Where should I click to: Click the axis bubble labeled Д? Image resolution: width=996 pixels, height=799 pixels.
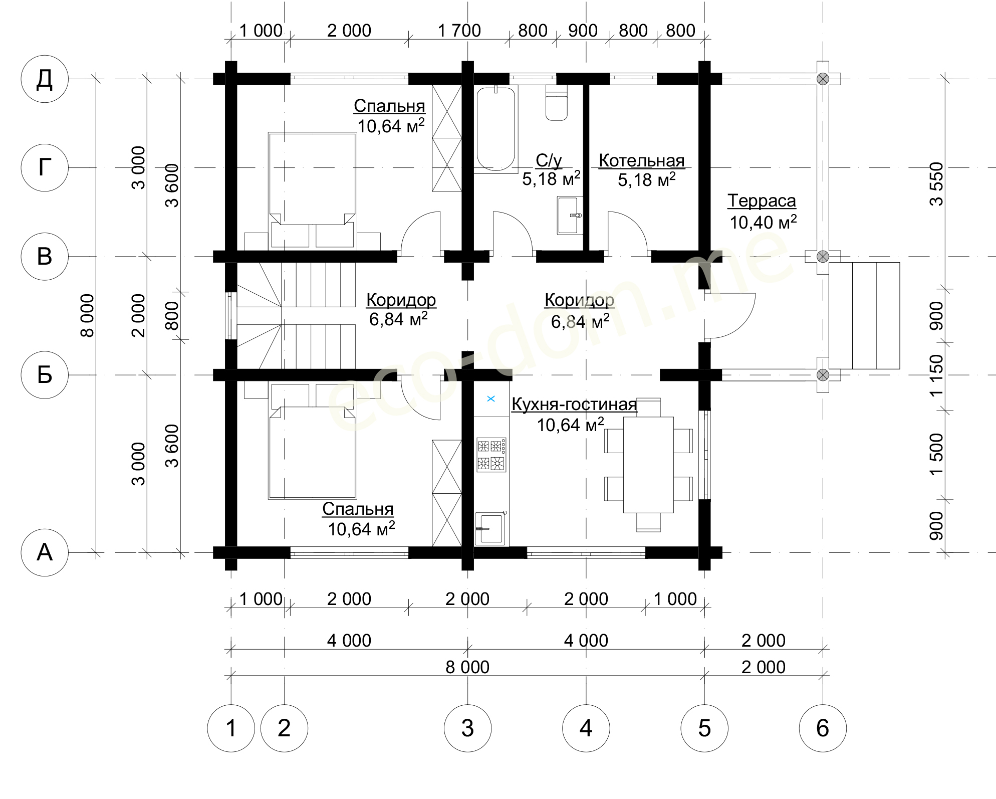point(45,79)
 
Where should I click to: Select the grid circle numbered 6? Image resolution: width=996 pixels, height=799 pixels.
point(823,728)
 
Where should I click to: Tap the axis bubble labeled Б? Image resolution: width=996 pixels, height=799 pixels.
point(45,374)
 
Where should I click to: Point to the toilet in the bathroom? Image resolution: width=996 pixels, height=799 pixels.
point(556,103)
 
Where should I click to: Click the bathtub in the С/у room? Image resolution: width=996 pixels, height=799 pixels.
point(495,129)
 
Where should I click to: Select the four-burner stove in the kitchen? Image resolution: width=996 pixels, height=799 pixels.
point(491,455)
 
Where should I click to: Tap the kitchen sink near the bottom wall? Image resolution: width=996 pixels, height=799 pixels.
point(490,528)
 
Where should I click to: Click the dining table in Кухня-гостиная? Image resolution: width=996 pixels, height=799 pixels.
point(648,465)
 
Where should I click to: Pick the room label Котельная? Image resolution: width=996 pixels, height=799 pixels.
point(641,160)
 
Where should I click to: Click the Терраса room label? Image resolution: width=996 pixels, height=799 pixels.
point(762,201)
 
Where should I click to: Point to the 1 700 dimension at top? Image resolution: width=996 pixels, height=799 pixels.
point(459,31)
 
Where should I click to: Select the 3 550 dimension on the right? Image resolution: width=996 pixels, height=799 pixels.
point(936,184)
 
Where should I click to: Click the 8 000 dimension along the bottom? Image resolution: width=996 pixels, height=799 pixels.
point(467,667)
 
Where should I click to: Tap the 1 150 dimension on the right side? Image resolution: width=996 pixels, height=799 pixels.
point(936,376)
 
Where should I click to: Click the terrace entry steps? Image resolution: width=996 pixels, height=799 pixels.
point(864,316)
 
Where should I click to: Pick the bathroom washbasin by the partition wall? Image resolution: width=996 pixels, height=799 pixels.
point(570,215)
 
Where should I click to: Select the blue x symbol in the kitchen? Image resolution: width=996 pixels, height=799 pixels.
point(491,398)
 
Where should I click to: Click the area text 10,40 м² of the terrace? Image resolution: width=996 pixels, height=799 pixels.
point(763,222)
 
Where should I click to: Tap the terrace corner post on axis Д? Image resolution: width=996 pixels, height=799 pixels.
point(823,79)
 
